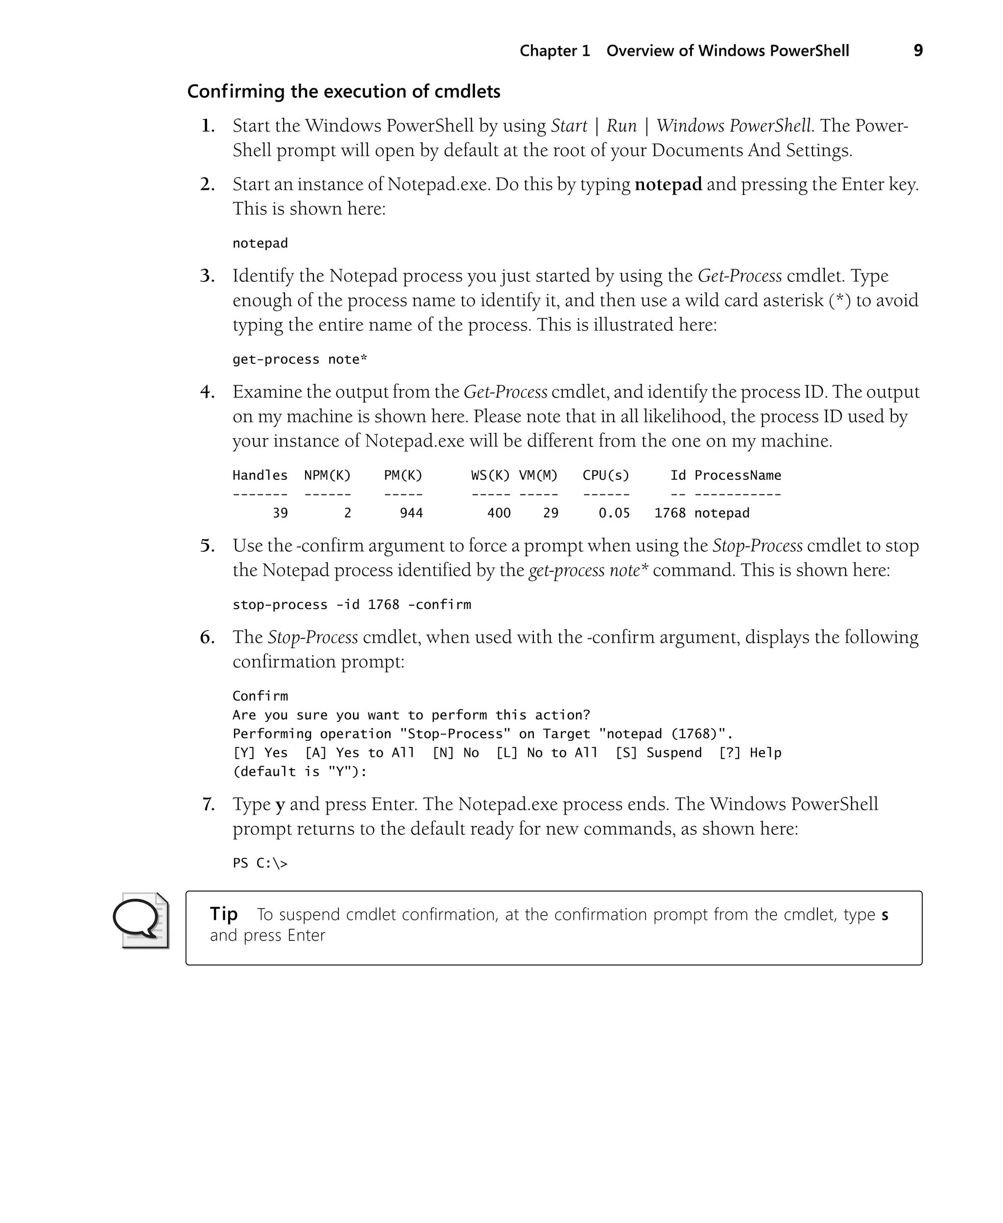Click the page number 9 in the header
[x=917, y=51]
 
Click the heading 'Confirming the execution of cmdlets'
[x=343, y=91]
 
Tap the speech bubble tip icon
[x=141, y=920]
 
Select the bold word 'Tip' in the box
[x=224, y=914]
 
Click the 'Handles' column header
[x=260, y=475]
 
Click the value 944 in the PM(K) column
[x=411, y=513]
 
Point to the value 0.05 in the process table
[x=614, y=513]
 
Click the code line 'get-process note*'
[x=299, y=359]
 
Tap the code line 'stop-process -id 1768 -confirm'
[x=351, y=605]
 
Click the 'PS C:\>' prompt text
[x=260, y=863]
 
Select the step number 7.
[x=208, y=804]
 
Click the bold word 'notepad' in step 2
[x=668, y=184]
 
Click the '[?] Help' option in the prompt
[x=749, y=753]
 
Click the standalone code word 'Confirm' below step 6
[x=260, y=696]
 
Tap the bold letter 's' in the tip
[x=884, y=915]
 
